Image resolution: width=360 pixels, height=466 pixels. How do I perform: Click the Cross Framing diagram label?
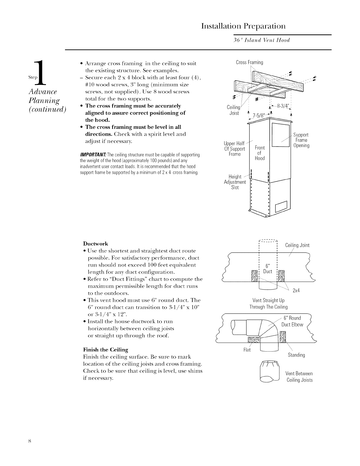(x=249, y=62)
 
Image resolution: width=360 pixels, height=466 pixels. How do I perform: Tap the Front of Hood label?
(x=260, y=153)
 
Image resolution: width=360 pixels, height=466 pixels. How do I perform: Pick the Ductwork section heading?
(x=96, y=244)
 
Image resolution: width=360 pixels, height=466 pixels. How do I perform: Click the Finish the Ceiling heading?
(x=106, y=350)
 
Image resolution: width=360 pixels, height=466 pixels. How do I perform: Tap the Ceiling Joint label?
(x=297, y=245)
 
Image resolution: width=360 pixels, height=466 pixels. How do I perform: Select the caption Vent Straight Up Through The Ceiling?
(x=268, y=304)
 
